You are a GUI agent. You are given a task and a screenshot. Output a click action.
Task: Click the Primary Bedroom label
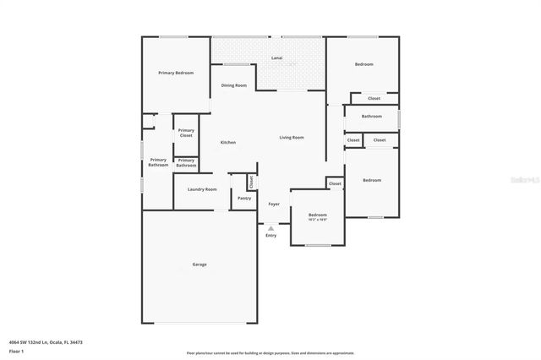pyautogui.click(x=176, y=74)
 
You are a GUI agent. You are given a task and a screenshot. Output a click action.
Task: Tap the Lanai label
pyautogui.click(x=276, y=58)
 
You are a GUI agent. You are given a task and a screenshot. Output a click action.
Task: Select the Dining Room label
pyautogui.click(x=234, y=86)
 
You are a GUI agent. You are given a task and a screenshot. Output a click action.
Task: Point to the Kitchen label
pyautogui.click(x=228, y=142)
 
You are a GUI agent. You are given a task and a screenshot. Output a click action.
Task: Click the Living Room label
pyautogui.click(x=292, y=138)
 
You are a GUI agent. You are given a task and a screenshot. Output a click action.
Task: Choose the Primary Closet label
pyautogui.click(x=186, y=133)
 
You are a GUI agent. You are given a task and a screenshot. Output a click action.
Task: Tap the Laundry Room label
pyautogui.click(x=202, y=189)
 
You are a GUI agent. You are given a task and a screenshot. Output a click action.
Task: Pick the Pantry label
pyautogui.click(x=244, y=199)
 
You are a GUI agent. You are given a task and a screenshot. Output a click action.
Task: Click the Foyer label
pyautogui.click(x=274, y=205)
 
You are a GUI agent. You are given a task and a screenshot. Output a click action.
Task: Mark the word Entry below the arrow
pyautogui.click(x=270, y=235)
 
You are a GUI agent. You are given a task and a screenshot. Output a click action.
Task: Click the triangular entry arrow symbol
pyautogui.click(x=270, y=227)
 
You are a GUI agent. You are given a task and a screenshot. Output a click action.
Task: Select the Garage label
pyautogui.click(x=199, y=265)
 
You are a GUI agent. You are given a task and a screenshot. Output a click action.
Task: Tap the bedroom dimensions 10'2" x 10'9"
pyautogui.click(x=317, y=219)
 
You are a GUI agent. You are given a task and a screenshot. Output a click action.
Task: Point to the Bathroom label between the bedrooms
pyautogui.click(x=372, y=117)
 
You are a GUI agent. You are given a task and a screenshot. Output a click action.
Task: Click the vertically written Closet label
pyautogui.click(x=251, y=182)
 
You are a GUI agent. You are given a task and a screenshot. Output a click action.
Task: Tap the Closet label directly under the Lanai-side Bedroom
pyautogui.click(x=374, y=99)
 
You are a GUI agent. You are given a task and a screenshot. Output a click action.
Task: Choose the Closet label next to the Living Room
pyautogui.click(x=335, y=183)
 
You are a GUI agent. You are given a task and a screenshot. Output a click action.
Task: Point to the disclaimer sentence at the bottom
pyautogui.click(x=270, y=353)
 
